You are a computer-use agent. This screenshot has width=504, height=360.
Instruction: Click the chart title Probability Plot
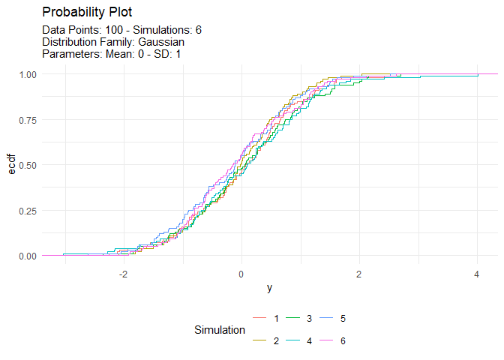88,13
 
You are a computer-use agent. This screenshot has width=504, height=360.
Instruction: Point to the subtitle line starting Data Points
122,30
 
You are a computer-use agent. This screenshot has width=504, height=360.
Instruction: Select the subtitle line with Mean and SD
112,54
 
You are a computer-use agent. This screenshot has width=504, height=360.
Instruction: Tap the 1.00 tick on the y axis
28,74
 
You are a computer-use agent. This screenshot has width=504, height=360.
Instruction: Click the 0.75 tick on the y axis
28,120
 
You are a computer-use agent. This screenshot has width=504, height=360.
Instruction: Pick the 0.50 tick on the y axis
28,165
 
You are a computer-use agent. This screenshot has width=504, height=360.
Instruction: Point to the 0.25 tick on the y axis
28,211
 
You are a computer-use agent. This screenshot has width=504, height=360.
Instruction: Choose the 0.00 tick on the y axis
28,256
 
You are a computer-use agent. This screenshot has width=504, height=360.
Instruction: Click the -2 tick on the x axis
122,274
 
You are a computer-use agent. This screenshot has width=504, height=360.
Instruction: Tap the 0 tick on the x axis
241,274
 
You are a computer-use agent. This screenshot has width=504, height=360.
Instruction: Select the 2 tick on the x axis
359,274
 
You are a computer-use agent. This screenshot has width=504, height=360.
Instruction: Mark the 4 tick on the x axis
478,274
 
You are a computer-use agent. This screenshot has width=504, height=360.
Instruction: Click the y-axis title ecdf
11,165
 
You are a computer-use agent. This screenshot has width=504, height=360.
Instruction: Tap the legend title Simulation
219,330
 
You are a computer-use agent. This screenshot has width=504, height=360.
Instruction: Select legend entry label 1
277,319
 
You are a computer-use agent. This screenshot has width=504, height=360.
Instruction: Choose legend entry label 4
310,341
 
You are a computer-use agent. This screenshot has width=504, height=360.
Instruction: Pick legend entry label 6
343,341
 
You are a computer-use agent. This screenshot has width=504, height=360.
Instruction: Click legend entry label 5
343,319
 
